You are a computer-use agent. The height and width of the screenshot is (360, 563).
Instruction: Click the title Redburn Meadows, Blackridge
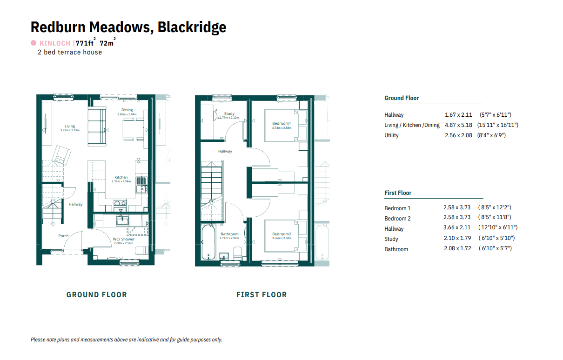(128, 27)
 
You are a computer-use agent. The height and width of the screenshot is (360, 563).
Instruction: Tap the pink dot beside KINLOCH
(34, 43)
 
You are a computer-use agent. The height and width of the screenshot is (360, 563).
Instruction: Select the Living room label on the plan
(70, 126)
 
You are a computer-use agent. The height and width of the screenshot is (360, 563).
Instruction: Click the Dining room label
(127, 110)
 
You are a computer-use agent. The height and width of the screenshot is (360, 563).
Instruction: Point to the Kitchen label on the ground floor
(121, 177)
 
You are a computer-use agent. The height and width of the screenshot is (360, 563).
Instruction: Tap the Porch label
(63, 236)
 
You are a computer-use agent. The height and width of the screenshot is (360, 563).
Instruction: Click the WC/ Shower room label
(123, 239)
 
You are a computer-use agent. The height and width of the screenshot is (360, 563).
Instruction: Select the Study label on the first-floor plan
(229, 113)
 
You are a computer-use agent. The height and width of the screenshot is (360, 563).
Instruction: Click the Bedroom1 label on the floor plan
(281, 123)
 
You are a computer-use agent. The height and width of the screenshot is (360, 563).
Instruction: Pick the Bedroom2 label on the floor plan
(281, 234)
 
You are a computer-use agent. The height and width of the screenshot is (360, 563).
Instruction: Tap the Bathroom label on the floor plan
(229, 234)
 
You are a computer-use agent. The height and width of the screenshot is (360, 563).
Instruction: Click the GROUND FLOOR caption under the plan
(97, 294)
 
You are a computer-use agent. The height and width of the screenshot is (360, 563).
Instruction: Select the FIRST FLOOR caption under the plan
(261, 294)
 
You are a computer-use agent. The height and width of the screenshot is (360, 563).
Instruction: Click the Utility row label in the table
(391, 135)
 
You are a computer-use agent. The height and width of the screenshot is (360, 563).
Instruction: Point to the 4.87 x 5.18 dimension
(458, 125)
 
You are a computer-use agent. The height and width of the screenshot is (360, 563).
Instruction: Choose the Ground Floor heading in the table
(402, 98)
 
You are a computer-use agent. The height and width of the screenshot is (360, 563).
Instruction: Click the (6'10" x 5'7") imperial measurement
(495, 248)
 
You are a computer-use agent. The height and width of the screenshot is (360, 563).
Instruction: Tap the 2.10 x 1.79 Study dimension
(457, 238)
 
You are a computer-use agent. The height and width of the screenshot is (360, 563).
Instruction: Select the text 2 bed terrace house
(70, 52)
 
